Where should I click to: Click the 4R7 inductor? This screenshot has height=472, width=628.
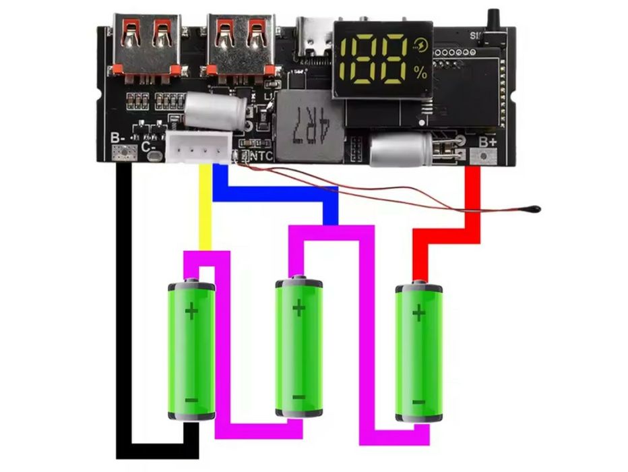coord(305,125)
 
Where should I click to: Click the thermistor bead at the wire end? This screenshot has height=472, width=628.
coord(533,208)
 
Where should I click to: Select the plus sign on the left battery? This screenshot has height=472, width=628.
coord(192,312)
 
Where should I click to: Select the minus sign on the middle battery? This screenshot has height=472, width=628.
coord(299,396)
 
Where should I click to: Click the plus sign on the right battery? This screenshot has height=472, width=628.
coord(418,313)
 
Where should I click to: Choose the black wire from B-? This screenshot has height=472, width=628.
coord(124,303)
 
